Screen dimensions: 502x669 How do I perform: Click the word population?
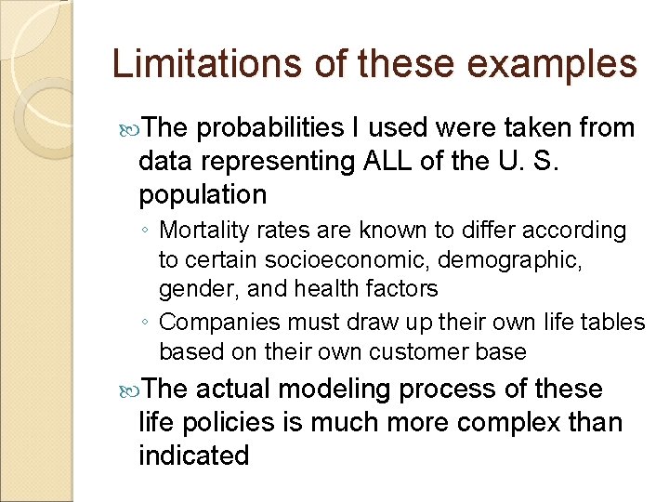pyautogui.click(x=203, y=195)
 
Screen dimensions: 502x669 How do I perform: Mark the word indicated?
pyautogui.click(x=193, y=456)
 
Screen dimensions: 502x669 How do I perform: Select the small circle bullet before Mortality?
pyautogui.click(x=146, y=231)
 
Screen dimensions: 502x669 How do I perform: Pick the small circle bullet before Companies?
pyautogui.click(x=146, y=324)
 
